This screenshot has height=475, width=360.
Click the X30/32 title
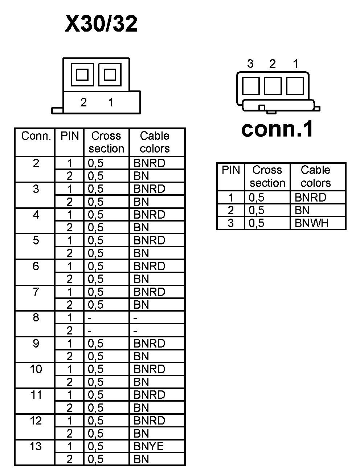(x=101, y=24)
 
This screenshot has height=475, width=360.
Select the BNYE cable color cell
(x=148, y=446)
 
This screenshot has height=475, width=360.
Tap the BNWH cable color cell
(x=311, y=223)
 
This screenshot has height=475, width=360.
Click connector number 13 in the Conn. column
(x=36, y=446)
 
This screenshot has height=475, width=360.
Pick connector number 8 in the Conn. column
(x=36, y=318)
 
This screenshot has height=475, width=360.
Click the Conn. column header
(x=36, y=136)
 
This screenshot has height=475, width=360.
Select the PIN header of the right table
(x=231, y=170)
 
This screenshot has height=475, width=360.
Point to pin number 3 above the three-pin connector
(x=250, y=64)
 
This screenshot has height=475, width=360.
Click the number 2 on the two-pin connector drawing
(x=83, y=103)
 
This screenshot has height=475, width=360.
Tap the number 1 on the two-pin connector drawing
(x=111, y=103)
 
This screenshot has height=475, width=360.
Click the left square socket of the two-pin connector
(x=82, y=75)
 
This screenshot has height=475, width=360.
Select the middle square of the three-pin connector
(x=273, y=86)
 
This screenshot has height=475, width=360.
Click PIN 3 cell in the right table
(x=231, y=223)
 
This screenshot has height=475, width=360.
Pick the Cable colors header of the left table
(x=155, y=142)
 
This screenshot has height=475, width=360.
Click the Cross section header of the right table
(x=267, y=176)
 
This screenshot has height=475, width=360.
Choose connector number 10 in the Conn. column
(x=36, y=369)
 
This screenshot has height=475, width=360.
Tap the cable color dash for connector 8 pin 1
(x=135, y=318)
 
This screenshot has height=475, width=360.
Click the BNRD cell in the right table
(x=310, y=198)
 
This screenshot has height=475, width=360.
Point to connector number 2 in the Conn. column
(x=36, y=163)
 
